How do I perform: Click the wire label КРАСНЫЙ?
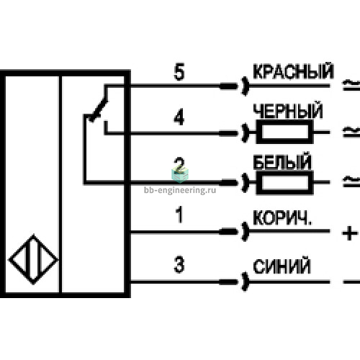click(x=293, y=71)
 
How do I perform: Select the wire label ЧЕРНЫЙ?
click(x=288, y=111)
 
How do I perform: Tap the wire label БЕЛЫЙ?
click(x=282, y=161)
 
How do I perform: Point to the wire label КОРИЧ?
click(x=282, y=217)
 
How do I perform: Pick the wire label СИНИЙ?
click(x=282, y=266)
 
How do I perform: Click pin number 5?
click(x=179, y=71)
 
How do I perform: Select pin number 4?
click(x=179, y=117)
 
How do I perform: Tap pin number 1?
click(x=179, y=215)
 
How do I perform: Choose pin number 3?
click(x=179, y=264)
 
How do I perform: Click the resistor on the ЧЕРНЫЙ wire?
click(x=285, y=132)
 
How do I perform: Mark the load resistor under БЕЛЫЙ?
click(x=285, y=182)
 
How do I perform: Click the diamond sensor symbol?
click(x=34, y=259)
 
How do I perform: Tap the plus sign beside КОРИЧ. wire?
click(x=349, y=233)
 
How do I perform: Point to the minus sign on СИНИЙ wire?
click(x=351, y=282)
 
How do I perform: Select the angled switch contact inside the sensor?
click(x=99, y=109)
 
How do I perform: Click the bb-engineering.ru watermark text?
click(x=180, y=190)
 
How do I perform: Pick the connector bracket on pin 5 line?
click(x=244, y=86)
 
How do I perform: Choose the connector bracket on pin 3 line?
click(x=244, y=282)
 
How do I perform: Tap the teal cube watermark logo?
click(x=180, y=174)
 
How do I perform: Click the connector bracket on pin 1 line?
click(x=244, y=232)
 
